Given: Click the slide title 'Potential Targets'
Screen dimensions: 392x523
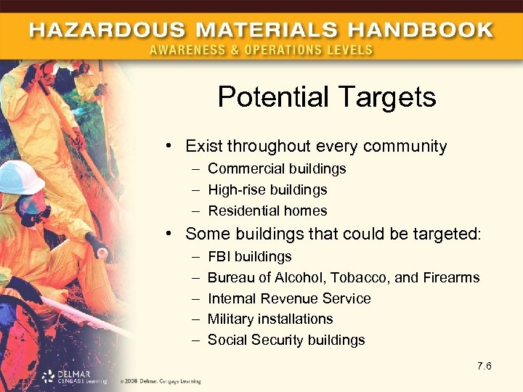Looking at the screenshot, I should click(x=327, y=97).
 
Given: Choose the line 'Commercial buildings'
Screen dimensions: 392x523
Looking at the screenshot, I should click(x=277, y=168).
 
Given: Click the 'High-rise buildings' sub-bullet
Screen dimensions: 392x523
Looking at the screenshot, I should click(x=267, y=189).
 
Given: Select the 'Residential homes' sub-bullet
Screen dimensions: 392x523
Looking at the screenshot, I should click(x=267, y=211).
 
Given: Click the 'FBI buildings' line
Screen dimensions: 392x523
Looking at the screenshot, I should click(x=249, y=256).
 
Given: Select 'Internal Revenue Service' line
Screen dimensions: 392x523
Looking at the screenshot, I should click(x=289, y=298).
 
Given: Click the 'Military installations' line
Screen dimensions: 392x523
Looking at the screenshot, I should click(x=270, y=319).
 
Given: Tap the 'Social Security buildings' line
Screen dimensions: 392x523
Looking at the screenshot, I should click(x=286, y=340).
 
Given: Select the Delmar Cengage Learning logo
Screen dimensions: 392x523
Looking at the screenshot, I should click(x=73, y=376).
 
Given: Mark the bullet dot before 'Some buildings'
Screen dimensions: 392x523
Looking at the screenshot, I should click(x=168, y=234).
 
